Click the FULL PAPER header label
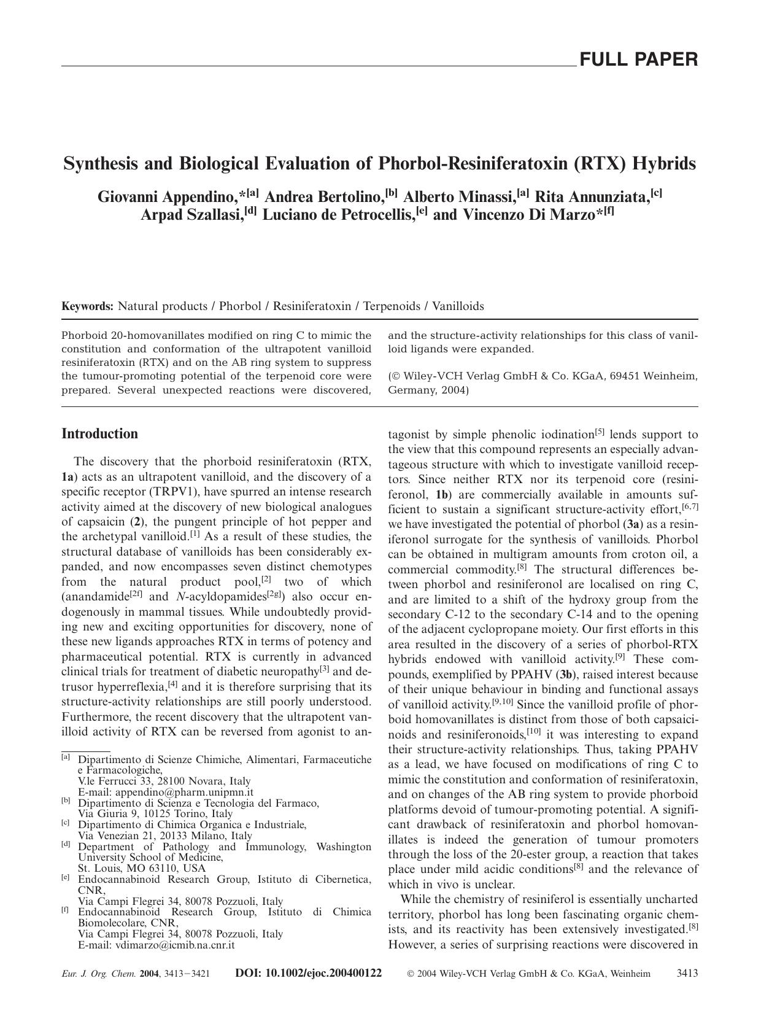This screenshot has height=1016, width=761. [x=638, y=60]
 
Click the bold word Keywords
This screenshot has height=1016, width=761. [x=87, y=306]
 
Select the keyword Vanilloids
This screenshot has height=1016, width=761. [x=458, y=306]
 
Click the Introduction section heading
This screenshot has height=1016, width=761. [x=100, y=434]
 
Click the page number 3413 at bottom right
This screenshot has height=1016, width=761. [x=687, y=973]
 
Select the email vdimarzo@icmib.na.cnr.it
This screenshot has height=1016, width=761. [x=175, y=945]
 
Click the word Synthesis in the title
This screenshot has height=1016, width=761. [x=102, y=164]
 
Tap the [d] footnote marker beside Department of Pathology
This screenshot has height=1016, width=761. [x=66, y=844]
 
